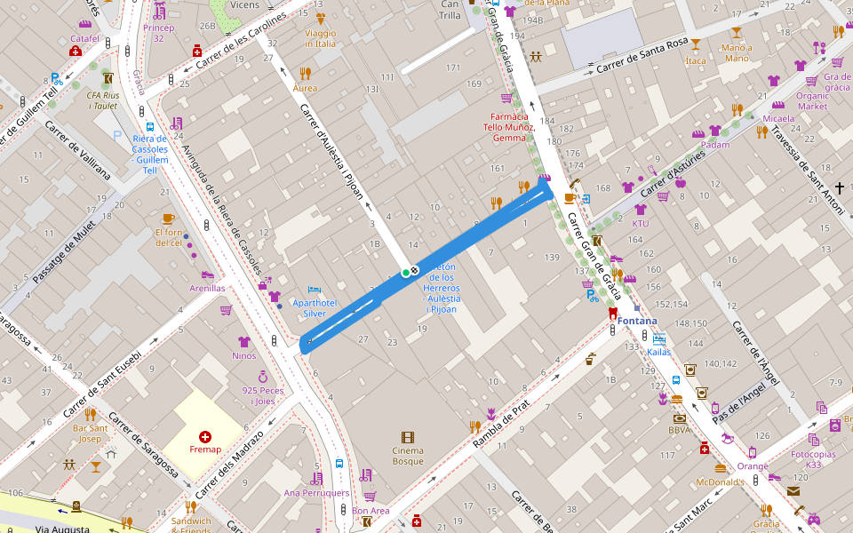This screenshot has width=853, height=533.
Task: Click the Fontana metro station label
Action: click(x=639, y=321)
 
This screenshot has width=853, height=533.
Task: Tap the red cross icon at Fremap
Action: click(x=205, y=436)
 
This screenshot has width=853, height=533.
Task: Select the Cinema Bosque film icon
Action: click(x=407, y=437)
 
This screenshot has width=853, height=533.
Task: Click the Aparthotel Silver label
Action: click(x=321, y=308)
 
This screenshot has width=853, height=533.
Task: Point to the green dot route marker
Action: click(x=405, y=272)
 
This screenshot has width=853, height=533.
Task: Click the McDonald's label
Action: click(x=721, y=481)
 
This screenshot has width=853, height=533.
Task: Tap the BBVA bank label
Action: click(x=679, y=430)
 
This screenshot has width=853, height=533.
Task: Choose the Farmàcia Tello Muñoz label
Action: click(x=510, y=127)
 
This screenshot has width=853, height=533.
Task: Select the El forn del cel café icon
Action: click(x=168, y=219)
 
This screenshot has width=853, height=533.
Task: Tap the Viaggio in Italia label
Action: click(x=320, y=38)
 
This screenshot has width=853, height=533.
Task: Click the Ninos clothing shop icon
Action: click(x=244, y=342)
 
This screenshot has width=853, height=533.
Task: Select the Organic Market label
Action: click(x=811, y=101)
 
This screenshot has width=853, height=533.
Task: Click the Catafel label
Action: click(x=84, y=39)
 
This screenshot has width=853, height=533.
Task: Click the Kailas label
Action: click(x=658, y=352)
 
